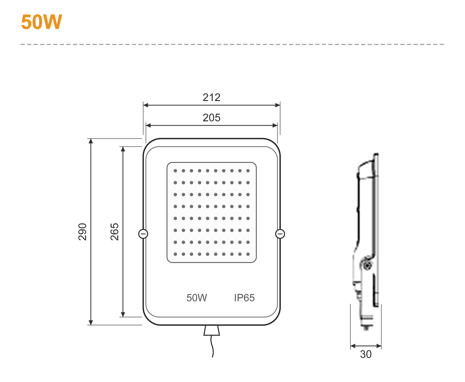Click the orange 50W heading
42,22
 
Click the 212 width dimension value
211,97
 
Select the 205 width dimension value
211,118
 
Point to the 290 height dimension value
82,232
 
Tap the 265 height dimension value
115,232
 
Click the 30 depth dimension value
366,354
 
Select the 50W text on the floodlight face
196,298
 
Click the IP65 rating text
244,298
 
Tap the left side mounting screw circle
143,234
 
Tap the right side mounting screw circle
280,234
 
